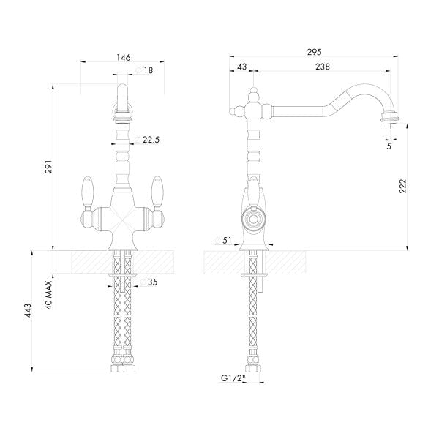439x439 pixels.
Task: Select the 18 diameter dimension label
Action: (x=148, y=70)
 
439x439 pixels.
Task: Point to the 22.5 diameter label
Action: (x=151, y=140)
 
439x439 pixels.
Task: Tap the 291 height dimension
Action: (x=48, y=166)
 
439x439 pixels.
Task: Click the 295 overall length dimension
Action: (x=314, y=52)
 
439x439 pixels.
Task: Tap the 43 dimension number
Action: (x=241, y=67)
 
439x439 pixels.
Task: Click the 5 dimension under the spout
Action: (x=389, y=146)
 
